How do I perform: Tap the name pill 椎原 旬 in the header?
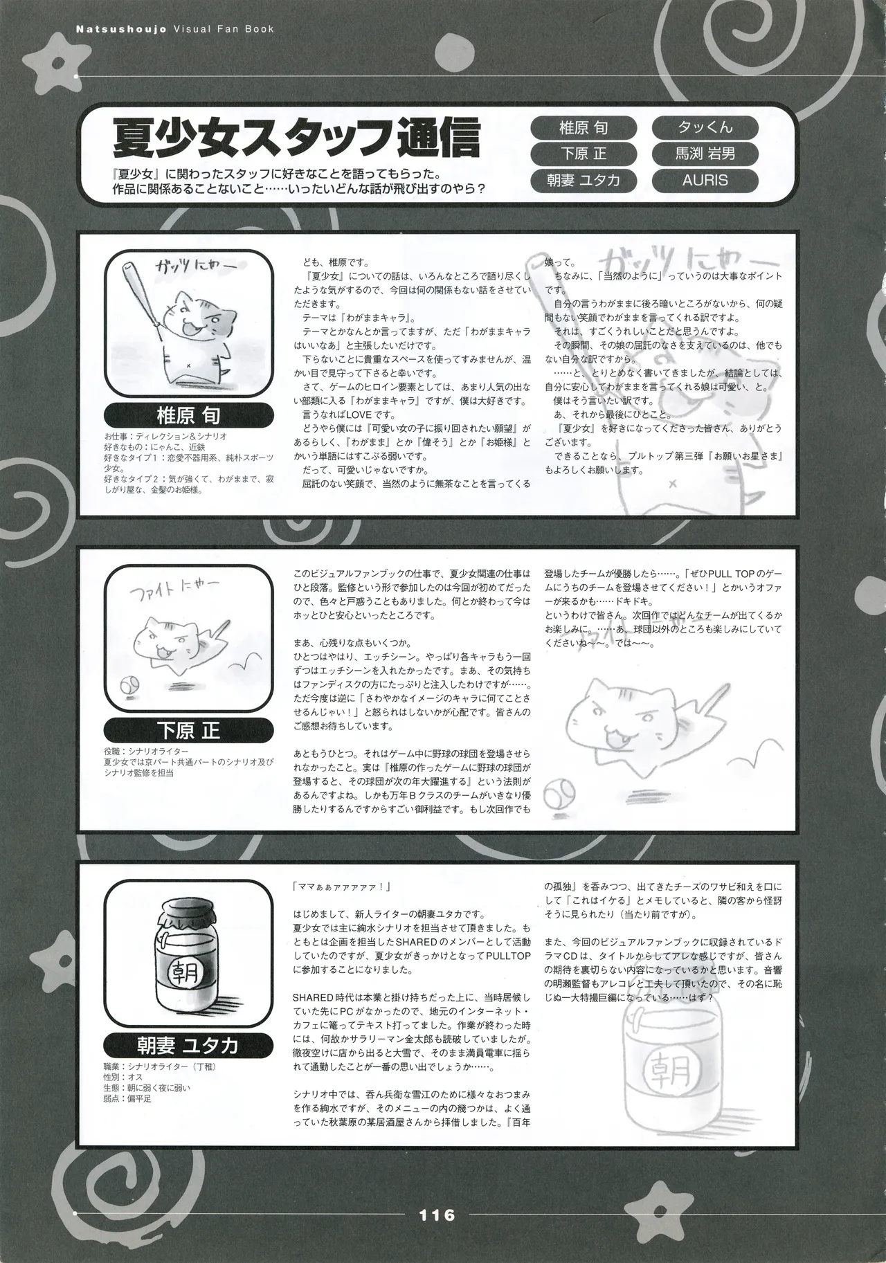coord(583,128)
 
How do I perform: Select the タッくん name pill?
coord(705,128)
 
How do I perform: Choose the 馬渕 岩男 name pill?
coord(705,154)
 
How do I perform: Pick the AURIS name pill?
coord(705,180)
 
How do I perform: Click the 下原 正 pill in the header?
coord(583,154)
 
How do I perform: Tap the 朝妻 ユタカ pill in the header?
coord(583,180)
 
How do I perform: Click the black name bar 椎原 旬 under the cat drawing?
coord(189,417)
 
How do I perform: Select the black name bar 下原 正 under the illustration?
coord(189,732)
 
